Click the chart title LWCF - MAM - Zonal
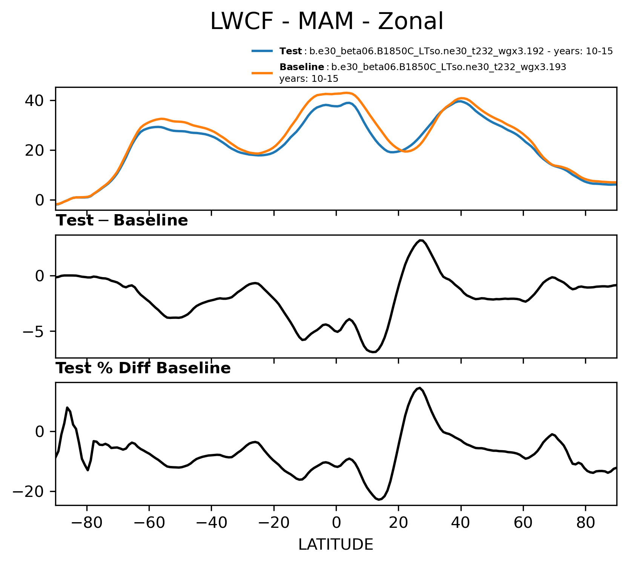[x=326, y=21]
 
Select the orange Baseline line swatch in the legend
[x=262, y=73]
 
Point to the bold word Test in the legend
[x=290, y=51]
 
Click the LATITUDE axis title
[x=336, y=544]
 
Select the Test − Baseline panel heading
[x=122, y=221]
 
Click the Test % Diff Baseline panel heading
[x=143, y=368]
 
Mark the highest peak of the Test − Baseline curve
[x=421, y=240]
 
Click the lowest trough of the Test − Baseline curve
[x=373, y=352]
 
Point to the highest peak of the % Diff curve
[x=419, y=388]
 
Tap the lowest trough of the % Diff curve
[x=379, y=500]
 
